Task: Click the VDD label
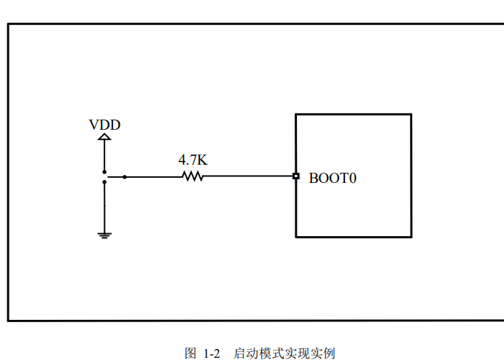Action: [104, 125]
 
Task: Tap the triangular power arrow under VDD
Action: [104, 136]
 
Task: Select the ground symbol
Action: [104, 235]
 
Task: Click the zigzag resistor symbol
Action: [193, 176]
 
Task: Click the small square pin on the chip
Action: [295, 176]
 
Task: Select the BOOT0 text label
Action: [333, 177]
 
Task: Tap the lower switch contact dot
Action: [104, 182]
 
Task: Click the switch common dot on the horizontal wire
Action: [125, 176]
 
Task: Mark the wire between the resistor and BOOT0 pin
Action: [248, 176]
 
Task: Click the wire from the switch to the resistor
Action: [153, 176]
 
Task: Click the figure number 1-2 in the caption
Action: [212, 353]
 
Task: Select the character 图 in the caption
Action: [191, 353]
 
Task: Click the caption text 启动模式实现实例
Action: [284, 353]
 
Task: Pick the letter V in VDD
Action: [94, 125]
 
